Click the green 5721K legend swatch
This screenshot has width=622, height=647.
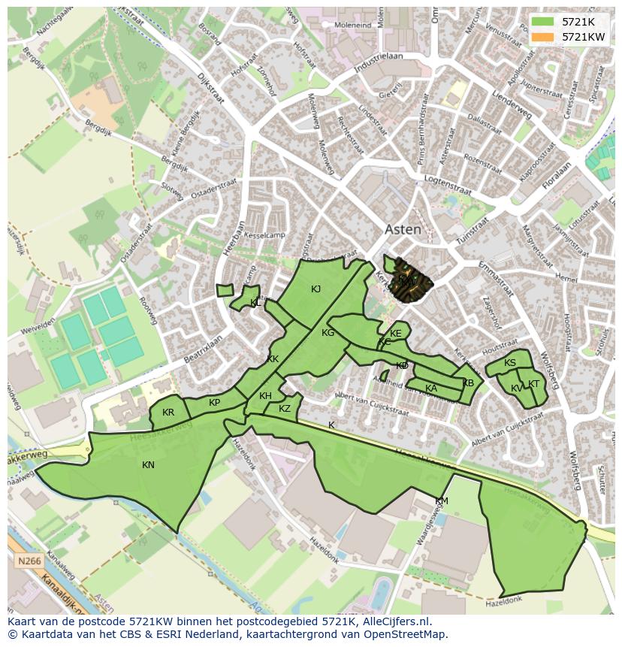click(543, 22)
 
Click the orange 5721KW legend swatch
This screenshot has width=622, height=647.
click(543, 37)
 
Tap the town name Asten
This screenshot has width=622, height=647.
click(403, 230)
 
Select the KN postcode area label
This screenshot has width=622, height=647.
click(148, 465)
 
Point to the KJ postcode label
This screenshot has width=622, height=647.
click(316, 289)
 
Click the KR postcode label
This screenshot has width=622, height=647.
click(168, 413)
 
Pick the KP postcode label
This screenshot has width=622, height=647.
click(215, 403)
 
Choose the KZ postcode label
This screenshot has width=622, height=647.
click(285, 409)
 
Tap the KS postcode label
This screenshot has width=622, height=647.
click(510, 363)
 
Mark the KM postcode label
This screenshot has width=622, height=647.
click(442, 501)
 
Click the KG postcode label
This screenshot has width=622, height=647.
click(328, 333)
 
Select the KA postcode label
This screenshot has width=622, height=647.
click(431, 389)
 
